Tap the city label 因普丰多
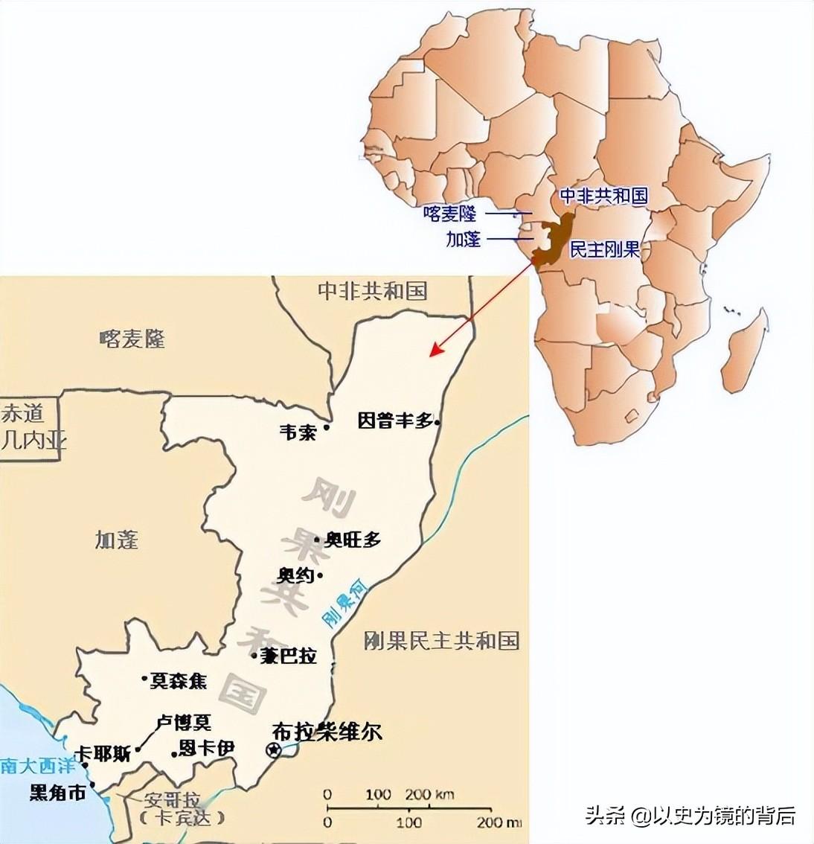[x=395, y=421]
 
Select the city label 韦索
[x=298, y=432]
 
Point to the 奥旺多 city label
[x=353, y=540]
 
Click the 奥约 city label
[x=295, y=575]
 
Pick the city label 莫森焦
[x=179, y=680]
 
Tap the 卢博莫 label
[x=184, y=722]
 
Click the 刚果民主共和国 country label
[x=441, y=640]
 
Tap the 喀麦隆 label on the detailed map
[x=132, y=339]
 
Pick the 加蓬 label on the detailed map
[x=117, y=539]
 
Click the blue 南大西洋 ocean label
[x=29, y=765]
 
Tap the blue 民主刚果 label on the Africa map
[x=604, y=250]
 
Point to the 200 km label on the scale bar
[x=429, y=794]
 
